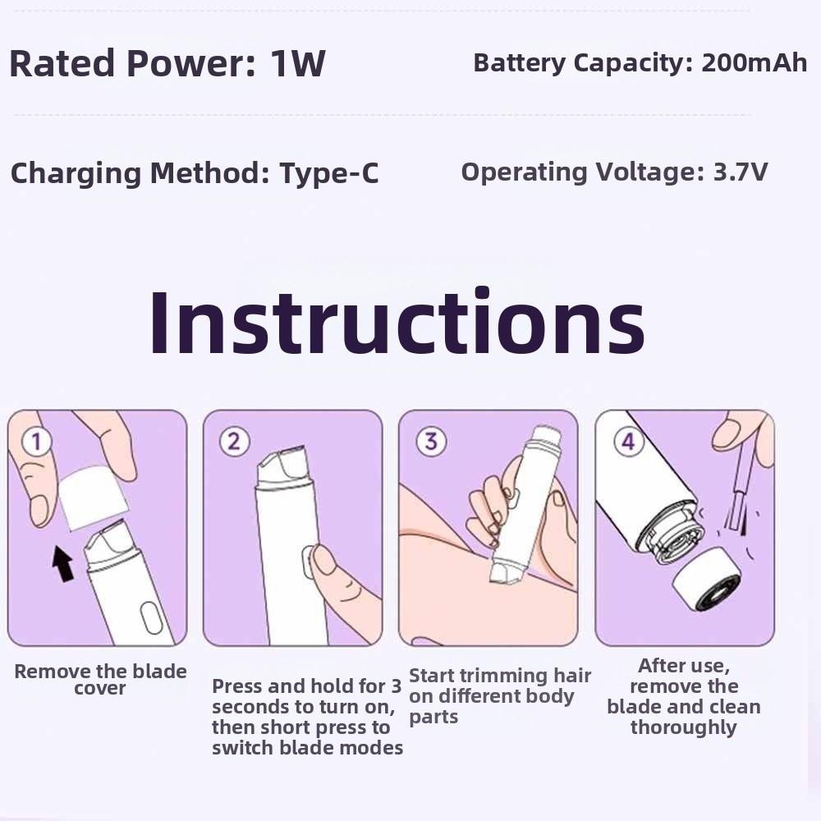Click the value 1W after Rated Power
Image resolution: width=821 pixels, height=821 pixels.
coord(298,64)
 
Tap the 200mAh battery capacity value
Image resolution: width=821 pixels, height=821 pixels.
coord(754,63)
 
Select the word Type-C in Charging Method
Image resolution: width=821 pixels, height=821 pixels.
coord(328,173)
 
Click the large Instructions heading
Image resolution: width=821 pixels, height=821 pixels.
coord(397,323)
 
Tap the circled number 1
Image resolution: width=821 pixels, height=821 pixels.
coord(35,442)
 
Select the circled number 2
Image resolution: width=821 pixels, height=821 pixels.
coord(234,442)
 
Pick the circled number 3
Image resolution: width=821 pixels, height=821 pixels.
coord(429,442)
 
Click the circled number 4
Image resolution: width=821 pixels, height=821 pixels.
coord(627,442)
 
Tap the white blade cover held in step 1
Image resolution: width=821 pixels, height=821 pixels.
coord(92,497)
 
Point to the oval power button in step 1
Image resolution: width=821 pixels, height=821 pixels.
coord(149,617)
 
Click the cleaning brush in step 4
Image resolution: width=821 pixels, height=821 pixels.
coord(736,493)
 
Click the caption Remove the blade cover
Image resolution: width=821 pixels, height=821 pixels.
coord(100,680)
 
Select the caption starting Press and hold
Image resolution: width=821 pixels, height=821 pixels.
coord(307,717)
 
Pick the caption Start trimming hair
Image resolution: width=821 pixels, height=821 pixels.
coord(499,696)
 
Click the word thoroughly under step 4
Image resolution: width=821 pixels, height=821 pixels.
coord(683,727)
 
